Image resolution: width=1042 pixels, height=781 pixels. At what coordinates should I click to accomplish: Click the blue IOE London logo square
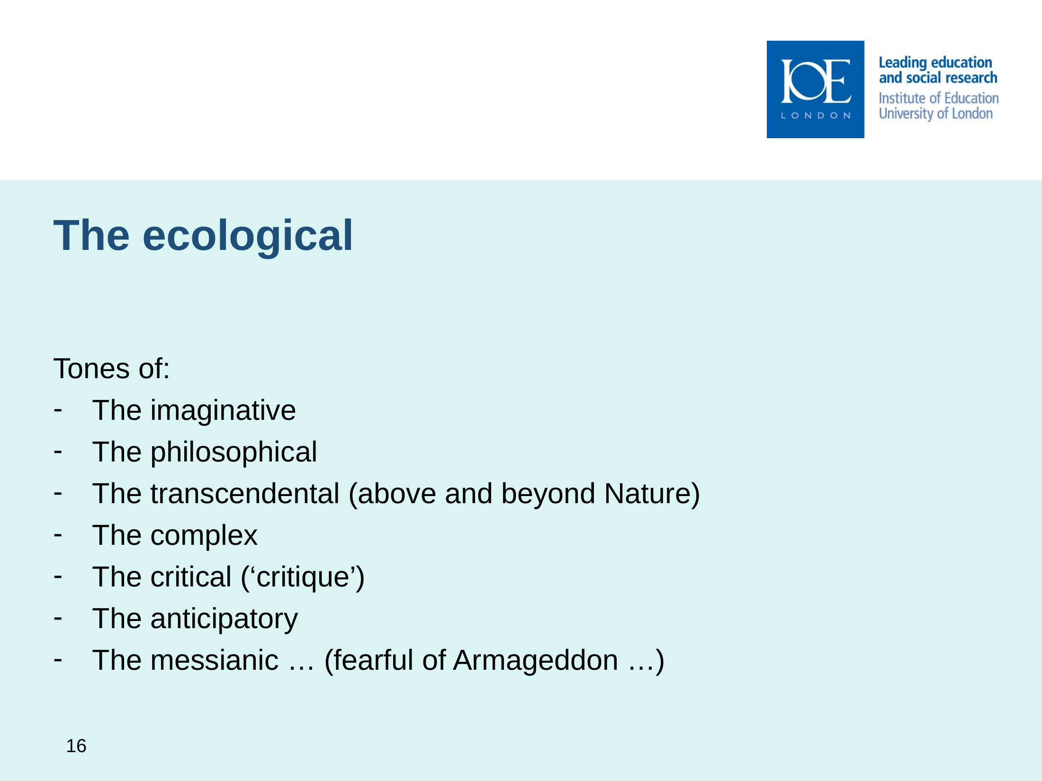click(x=815, y=89)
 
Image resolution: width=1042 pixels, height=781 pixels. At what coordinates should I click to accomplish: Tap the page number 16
click(x=76, y=746)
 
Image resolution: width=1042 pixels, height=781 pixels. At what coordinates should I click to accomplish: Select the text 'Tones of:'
click(x=111, y=368)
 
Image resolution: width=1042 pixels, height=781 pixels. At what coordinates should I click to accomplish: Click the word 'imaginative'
click(x=223, y=410)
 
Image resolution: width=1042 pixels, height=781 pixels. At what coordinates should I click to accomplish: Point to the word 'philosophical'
click(x=234, y=453)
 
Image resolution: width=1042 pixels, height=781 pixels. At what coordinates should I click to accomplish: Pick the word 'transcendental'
click(x=245, y=493)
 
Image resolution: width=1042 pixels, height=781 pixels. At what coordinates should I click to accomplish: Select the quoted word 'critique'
click(x=303, y=577)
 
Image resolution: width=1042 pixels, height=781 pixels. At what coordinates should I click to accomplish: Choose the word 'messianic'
click(x=214, y=660)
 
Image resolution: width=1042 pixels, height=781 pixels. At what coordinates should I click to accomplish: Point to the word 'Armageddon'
click(x=535, y=661)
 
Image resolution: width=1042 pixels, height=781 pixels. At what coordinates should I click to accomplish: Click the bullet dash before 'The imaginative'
click(x=58, y=409)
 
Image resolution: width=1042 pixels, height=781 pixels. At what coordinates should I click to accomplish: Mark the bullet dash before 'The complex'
click(x=58, y=534)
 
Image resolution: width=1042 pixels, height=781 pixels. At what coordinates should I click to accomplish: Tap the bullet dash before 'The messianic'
click(x=58, y=659)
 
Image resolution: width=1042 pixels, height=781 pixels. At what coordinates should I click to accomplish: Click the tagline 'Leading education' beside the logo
click(x=935, y=63)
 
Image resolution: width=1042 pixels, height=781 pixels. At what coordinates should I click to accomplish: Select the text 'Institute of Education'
click(x=939, y=98)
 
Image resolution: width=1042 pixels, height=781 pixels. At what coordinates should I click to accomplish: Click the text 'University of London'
click(x=935, y=114)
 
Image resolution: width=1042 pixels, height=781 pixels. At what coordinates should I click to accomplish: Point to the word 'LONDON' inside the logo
click(x=816, y=115)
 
